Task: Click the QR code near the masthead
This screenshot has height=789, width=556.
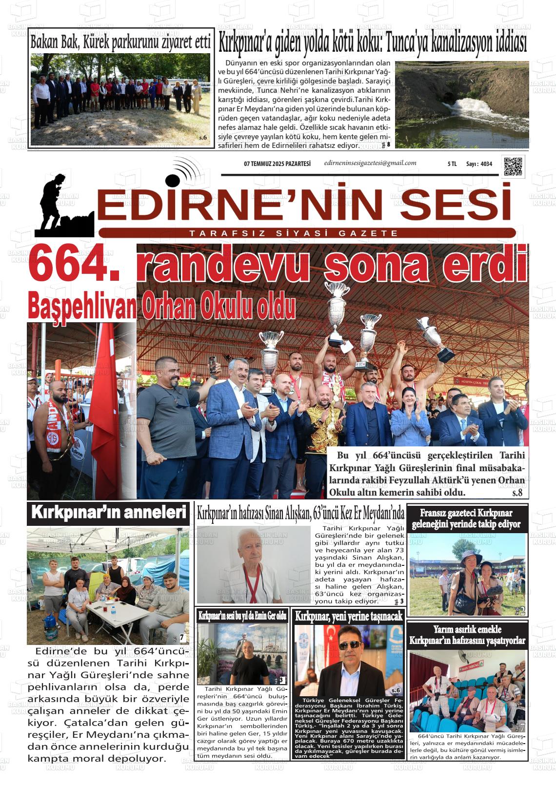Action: point(513,166)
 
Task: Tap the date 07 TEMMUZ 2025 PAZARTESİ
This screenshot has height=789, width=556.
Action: point(277,164)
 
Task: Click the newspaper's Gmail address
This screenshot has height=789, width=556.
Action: point(370,163)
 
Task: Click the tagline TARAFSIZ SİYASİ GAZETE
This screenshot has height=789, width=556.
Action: point(294,233)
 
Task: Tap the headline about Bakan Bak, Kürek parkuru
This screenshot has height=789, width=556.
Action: point(120,42)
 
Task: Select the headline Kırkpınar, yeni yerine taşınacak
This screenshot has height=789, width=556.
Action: point(349,616)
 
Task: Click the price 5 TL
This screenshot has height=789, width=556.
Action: point(452,164)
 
